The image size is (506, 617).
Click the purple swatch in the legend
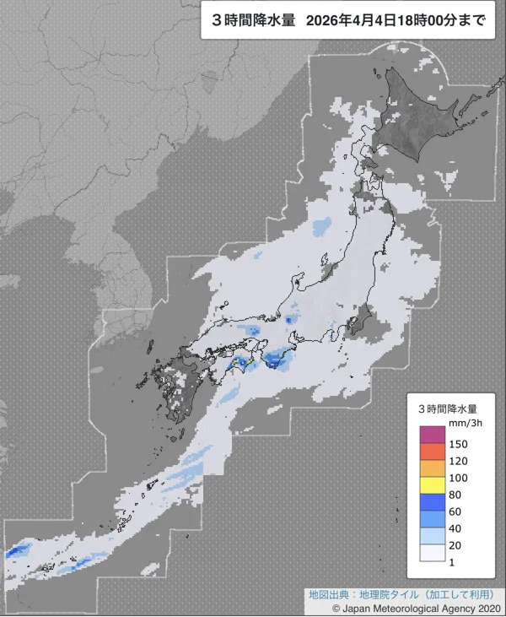[432, 434]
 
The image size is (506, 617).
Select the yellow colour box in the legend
[432, 485]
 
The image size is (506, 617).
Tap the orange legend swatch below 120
[432, 468]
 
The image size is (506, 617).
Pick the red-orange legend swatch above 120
[432, 452]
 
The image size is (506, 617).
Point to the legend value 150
[459, 443]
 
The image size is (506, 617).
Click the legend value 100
[459, 478]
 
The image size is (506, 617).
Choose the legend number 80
[456, 495]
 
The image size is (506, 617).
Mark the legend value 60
[456, 511]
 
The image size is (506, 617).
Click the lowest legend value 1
[453, 563]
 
